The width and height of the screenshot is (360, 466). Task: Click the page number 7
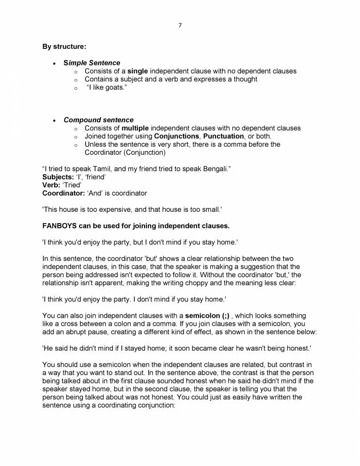point(180,25)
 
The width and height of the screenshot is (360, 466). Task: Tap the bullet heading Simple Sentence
point(92,63)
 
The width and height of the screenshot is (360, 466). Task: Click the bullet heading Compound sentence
point(98,120)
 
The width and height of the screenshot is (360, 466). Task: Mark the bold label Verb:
point(50,185)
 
